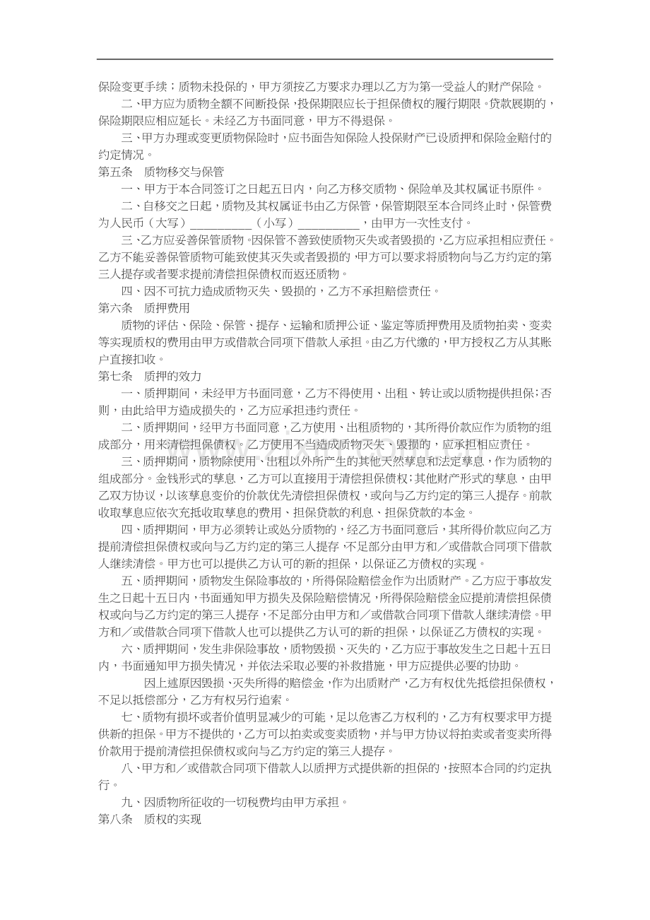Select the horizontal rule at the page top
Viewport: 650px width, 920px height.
coord(325,59)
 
